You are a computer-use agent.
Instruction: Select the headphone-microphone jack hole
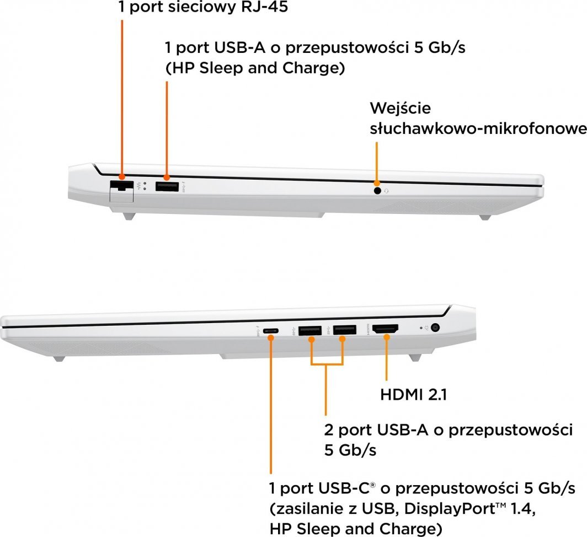377,191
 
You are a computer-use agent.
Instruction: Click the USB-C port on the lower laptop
271,331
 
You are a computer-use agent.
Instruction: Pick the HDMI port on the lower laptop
386,330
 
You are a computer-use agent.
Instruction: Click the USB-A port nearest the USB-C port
310,331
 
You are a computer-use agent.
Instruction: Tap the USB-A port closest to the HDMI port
344,331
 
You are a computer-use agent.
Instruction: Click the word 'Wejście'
401,108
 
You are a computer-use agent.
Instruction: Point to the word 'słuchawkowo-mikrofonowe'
478,128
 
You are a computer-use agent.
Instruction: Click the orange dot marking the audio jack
377,183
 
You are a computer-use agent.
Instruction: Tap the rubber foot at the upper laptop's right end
484,217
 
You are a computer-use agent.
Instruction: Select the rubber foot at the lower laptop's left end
59,359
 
